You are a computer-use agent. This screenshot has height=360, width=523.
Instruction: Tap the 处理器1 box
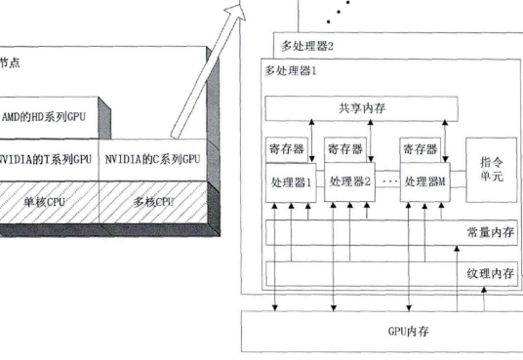pyautogui.click(x=291, y=182)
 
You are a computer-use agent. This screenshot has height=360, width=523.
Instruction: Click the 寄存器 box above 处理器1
pyautogui.click(x=289, y=150)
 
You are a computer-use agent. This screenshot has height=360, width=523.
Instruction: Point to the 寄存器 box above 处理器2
pyautogui.click(x=345, y=150)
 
